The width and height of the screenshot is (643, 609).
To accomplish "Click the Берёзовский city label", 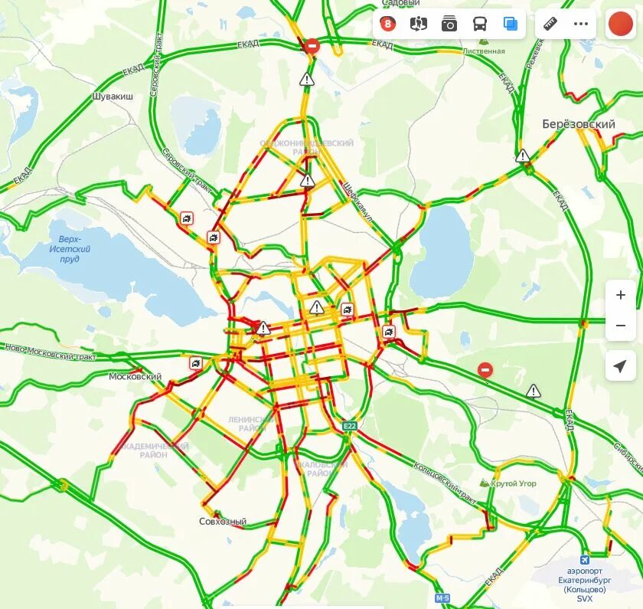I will pyautogui.click(x=578, y=124).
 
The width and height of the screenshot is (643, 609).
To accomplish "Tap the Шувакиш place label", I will pyautogui.click(x=112, y=97).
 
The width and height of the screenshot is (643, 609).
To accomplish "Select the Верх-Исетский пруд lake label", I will pyautogui.click(x=70, y=249).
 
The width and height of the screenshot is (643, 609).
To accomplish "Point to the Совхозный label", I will pyautogui.click(x=223, y=522).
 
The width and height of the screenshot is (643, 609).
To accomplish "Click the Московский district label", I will pyautogui.click(x=135, y=377).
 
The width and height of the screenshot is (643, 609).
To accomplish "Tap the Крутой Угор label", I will pyautogui.click(x=513, y=483).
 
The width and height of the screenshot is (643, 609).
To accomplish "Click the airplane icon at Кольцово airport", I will pyautogui.click(x=585, y=559).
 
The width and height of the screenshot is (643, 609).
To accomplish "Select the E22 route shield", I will pyautogui.click(x=350, y=425).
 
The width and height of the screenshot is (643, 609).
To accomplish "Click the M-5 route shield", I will pyautogui.click(x=442, y=597).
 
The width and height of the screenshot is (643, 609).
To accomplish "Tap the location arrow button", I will pyautogui.click(x=620, y=367).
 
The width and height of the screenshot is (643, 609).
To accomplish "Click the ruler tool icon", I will pyautogui.click(x=550, y=24).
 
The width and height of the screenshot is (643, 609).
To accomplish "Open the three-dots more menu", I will pyautogui.click(x=581, y=24).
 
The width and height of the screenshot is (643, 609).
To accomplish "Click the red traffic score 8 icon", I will pyautogui.click(x=388, y=24).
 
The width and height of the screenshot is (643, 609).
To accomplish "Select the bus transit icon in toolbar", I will pyautogui.click(x=480, y=24).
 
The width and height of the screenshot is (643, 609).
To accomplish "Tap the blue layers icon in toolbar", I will pyautogui.click(x=511, y=24).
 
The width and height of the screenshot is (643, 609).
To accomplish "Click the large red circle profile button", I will pyautogui.click(x=620, y=24).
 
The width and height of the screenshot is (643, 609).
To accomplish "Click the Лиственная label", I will pyautogui.click(x=484, y=51).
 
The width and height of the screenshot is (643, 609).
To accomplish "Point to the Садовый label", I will pyautogui.click(x=400, y=3).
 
